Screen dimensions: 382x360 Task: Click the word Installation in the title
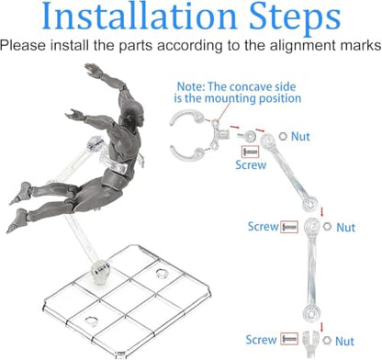[140, 16]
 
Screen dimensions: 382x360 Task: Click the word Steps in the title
[295, 17]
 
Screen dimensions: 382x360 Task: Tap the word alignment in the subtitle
[310, 46]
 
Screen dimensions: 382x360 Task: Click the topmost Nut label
[300, 137]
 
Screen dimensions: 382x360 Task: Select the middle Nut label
[346, 228]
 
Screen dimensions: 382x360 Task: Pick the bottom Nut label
[344, 341]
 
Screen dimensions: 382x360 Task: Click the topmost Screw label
[251, 164]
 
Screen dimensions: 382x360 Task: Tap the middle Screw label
[264, 227]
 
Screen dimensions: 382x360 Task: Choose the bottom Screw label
[261, 340]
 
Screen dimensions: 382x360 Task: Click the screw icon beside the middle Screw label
[289, 227]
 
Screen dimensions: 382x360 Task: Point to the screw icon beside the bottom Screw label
[289, 339]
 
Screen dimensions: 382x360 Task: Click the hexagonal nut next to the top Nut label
[283, 136]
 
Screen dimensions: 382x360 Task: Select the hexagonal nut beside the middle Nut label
[327, 227]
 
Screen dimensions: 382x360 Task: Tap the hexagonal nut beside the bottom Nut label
[327, 340]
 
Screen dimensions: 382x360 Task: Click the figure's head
[132, 111]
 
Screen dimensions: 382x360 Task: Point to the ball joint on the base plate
[100, 269]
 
